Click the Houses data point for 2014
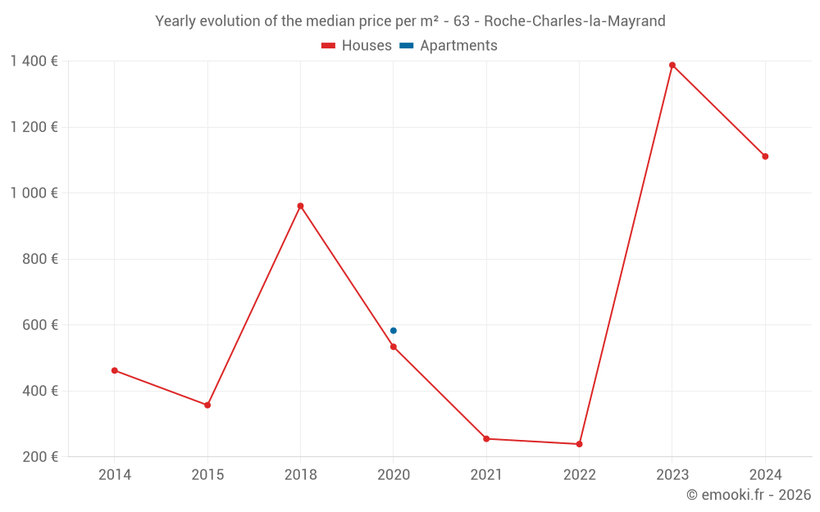(115, 370)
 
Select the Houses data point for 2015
(207, 405)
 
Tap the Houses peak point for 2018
(300, 206)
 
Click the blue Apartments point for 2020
(394, 330)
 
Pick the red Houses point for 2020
(394, 347)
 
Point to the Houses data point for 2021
(486, 438)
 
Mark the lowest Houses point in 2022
(579, 444)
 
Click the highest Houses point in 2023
(672, 65)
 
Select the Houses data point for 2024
(765, 156)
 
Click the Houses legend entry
(357, 46)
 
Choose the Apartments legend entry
(449, 46)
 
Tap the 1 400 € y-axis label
(34, 61)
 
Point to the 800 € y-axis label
(42, 259)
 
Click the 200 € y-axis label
(42, 456)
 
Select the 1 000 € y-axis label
(34, 193)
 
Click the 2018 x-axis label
(300, 474)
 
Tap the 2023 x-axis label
(672, 474)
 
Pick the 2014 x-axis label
(115, 474)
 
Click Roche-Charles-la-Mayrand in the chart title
(575, 20)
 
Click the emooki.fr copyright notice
(749, 495)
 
